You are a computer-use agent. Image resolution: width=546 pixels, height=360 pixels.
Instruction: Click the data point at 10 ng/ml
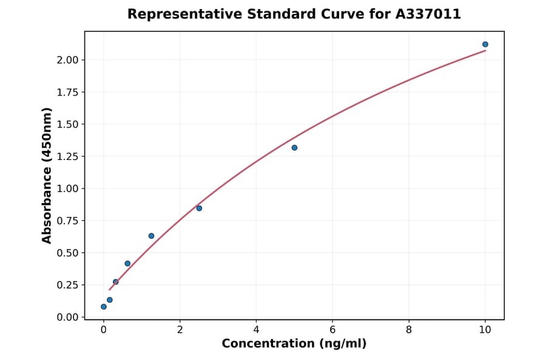click(485, 44)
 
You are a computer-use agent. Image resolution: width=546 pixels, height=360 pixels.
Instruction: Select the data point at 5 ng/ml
click(294, 148)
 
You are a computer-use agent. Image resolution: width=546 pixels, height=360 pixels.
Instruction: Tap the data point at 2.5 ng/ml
click(199, 208)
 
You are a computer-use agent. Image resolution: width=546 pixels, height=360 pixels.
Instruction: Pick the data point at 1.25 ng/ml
click(151, 236)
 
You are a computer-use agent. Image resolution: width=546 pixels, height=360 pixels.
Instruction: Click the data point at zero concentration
click(104, 307)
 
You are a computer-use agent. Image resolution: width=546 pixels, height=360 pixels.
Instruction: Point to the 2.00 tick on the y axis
click(69, 60)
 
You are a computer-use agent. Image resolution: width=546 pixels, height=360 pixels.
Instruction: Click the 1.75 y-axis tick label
click(69, 92)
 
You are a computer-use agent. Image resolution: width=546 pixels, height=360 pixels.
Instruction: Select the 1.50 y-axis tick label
click(69, 124)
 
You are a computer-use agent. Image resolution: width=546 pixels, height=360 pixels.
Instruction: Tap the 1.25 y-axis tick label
click(69, 156)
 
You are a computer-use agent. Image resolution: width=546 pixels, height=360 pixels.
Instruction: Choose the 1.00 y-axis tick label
click(69, 188)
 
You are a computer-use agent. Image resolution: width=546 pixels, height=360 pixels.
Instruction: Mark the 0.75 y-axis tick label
click(69, 221)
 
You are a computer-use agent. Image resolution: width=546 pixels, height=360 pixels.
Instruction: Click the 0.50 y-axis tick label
click(69, 253)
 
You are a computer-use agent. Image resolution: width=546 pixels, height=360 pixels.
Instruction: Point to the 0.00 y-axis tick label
click(69, 317)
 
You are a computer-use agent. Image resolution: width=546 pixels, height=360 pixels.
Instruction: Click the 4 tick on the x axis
click(256, 330)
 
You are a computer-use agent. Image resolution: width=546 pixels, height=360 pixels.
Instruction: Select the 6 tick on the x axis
click(332, 330)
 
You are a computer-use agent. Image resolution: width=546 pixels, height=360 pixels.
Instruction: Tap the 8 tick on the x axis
click(409, 330)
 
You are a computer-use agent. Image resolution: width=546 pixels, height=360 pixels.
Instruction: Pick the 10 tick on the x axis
click(485, 330)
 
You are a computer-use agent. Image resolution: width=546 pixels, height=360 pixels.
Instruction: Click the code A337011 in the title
click(428, 14)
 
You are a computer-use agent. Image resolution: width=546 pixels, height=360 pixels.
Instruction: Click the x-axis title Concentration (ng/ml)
click(294, 344)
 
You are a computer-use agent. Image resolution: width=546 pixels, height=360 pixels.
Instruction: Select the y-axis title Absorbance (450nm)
click(47, 175)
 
